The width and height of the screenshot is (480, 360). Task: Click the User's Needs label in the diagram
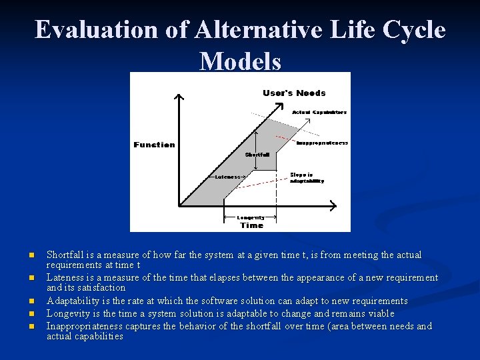[x=294, y=93]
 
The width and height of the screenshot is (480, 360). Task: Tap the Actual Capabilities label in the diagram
[x=319, y=112]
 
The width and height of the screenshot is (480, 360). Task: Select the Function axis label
[x=154, y=145]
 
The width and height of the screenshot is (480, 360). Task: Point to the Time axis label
[x=251, y=225]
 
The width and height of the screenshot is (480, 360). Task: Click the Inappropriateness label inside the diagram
[x=322, y=143]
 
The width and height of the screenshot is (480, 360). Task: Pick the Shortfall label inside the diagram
[x=257, y=154]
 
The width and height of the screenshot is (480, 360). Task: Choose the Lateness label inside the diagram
[x=227, y=177]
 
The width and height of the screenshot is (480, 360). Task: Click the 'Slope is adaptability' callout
[x=307, y=178]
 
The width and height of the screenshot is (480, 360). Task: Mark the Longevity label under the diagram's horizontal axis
[x=251, y=217]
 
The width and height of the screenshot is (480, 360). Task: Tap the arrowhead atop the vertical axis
[x=178, y=98]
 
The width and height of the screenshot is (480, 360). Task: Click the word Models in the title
[x=240, y=61]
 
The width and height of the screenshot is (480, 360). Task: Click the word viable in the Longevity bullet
[x=380, y=313]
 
